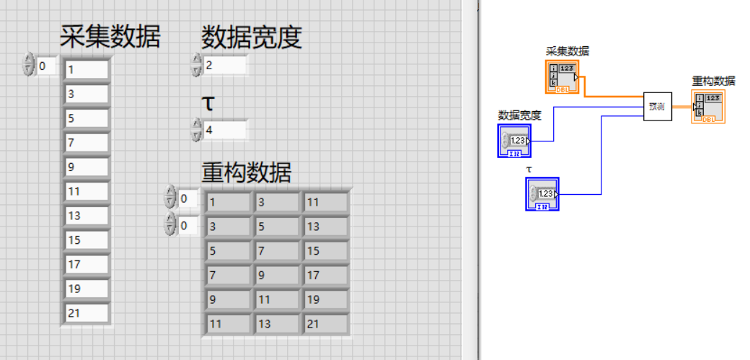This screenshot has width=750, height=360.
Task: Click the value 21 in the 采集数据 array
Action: coord(87,313)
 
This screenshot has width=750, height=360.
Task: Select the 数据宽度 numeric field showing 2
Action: coord(225,66)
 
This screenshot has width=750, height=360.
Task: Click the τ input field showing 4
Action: coord(225,131)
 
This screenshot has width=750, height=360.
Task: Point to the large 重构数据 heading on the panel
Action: coord(246,173)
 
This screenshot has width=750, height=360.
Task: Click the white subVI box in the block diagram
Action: coord(657,106)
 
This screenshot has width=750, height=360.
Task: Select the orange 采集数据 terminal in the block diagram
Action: coord(562,76)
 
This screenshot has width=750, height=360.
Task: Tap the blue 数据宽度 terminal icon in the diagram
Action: coord(514,140)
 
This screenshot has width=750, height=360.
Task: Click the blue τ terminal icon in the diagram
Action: coord(542,193)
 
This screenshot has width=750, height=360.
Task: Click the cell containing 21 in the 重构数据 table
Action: coord(325,324)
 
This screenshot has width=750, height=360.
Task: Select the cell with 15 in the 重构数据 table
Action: coord(325,251)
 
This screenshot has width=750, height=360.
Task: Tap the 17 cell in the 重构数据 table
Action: coord(325,276)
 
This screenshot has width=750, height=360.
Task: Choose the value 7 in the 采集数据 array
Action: coord(87,143)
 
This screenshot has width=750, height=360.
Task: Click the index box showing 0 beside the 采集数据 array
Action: coord(46,66)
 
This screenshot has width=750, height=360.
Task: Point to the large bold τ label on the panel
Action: coord(208,103)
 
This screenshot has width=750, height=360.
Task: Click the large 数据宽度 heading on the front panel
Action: coord(250,37)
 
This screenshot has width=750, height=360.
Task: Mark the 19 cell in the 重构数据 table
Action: coord(325,299)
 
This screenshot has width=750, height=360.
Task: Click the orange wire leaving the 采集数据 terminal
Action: coord(613,95)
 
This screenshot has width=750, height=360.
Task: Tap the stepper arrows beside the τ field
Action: coord(196,131)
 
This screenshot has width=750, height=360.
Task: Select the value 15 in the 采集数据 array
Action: coord(87,240)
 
